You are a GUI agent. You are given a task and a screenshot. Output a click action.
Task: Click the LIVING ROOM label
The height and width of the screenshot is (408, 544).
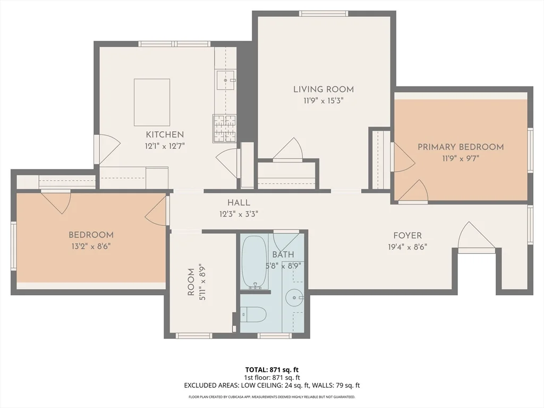coord(324,89)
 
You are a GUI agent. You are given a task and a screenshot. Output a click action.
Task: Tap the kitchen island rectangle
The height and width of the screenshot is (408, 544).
coord(152,101)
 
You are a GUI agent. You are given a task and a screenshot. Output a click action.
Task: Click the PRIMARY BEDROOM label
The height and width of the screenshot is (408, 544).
coord(460,147)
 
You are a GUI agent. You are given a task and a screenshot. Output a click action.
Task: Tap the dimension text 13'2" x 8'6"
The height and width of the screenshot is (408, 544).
coord(90,246)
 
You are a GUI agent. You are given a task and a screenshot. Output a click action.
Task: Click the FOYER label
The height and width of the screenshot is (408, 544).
coord(407,236)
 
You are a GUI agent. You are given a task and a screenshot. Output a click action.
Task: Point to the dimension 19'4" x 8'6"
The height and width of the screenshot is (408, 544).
coord(407,246)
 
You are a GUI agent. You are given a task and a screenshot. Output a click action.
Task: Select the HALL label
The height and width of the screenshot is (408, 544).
coord(239,203)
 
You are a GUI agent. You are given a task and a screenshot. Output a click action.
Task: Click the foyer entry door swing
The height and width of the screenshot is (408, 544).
coord(475,236)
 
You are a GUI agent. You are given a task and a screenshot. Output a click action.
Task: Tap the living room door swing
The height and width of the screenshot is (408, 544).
coord(290,149)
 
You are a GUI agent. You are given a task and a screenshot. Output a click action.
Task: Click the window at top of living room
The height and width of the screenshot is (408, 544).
coord(324,13)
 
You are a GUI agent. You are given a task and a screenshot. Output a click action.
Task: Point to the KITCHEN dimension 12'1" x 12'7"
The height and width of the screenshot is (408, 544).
coord(165,145)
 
